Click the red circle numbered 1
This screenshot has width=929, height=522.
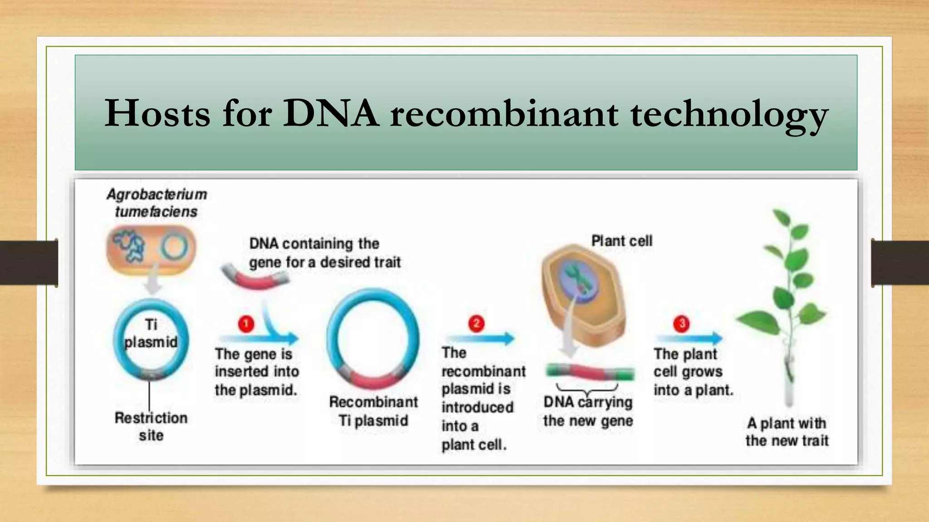pyautogui.click(x=246, y=324)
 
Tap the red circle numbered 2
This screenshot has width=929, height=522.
pyautogui.click(x=476, y=324)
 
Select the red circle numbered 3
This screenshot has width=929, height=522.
pyautogui.click(x=681, y=324)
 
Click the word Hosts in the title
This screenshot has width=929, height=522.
pyautogui.click(x=157, y=113)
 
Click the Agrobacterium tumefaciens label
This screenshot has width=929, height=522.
pyautogui.click(x=156, y=203)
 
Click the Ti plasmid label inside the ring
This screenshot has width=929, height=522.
pyautogui.click(x=151, y=333)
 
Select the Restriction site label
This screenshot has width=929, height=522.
pyautogui.click(x=151, y=426)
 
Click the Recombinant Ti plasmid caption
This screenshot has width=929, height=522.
pyautogui.click(x=373, y=411)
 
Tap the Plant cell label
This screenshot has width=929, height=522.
pyautogui.click(x=621, y=241)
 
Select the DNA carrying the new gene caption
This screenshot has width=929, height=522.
pyautogui.click(x=588, y=411)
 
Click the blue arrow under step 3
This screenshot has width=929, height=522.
pyautogui.click(x=689, y=338)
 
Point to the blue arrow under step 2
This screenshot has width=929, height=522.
pyautogui.click(x=481, y=338)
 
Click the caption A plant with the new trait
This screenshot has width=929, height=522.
pyautogui.click(x=787, y=432)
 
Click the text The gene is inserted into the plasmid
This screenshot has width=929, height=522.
pyautogui.click(x=257, y=372)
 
